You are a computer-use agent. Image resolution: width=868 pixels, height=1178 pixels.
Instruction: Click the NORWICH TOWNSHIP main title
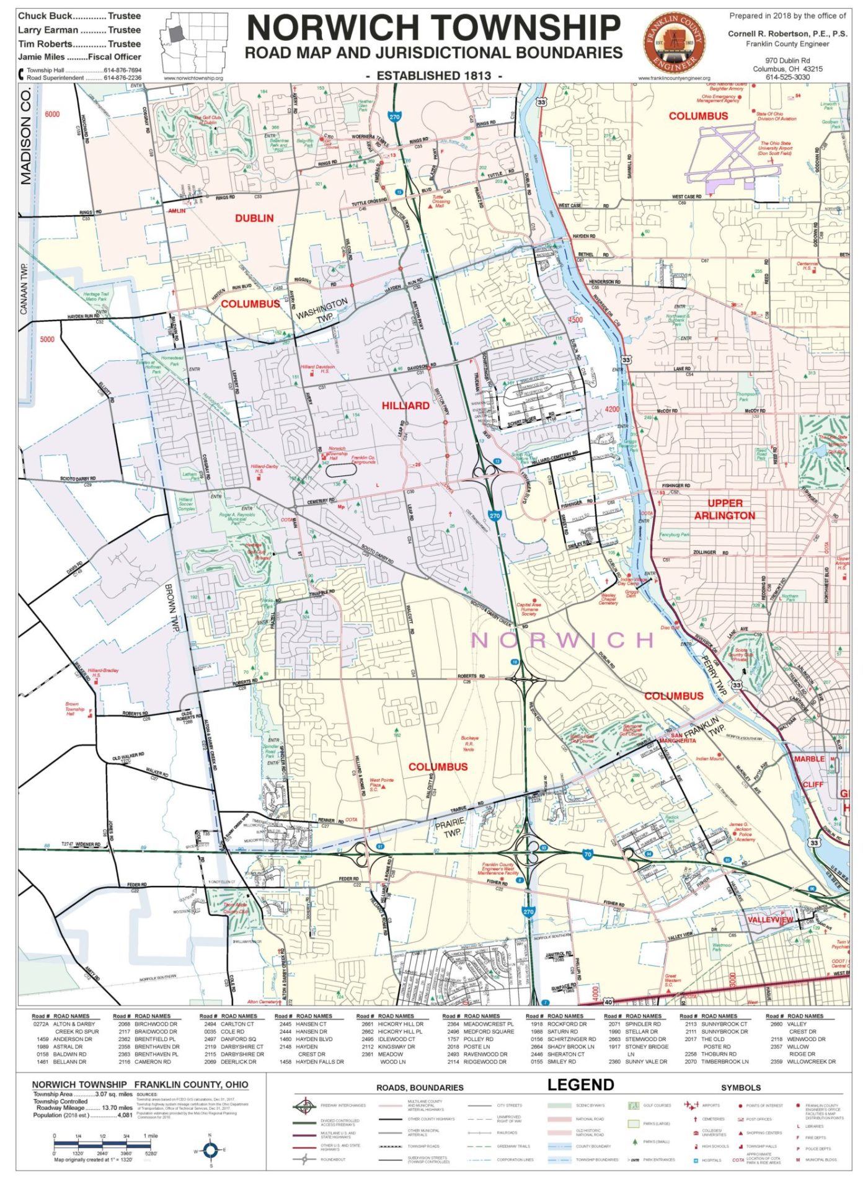(433, 28)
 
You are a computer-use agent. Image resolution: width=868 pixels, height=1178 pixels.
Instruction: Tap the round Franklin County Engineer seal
(674, 42)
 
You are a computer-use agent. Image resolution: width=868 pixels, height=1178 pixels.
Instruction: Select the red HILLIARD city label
(405, 405)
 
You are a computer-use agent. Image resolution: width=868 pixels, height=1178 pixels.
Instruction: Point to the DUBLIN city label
(254, 218)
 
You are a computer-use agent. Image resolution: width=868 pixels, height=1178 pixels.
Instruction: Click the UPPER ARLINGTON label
(724, 509)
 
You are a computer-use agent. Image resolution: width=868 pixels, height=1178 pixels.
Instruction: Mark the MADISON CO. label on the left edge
(25, 136)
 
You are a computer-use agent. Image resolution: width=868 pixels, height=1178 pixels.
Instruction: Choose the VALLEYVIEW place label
(769, 919)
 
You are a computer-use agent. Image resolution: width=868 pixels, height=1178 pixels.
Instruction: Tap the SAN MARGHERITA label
(678, 737)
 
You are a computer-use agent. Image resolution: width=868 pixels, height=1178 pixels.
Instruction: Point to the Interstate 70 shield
(587, 854)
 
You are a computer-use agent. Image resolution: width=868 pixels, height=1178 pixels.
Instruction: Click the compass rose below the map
(210, 1151)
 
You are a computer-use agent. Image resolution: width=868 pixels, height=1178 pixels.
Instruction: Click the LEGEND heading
(580, 1084)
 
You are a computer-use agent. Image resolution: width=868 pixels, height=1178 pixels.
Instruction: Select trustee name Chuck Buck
(45, 16)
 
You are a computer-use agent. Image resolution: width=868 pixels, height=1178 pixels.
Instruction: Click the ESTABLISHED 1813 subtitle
(434, 76)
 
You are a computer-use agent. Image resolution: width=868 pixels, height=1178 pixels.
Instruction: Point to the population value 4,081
(124, 1115)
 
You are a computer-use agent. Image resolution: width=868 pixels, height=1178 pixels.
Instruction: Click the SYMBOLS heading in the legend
(740, 1087)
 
